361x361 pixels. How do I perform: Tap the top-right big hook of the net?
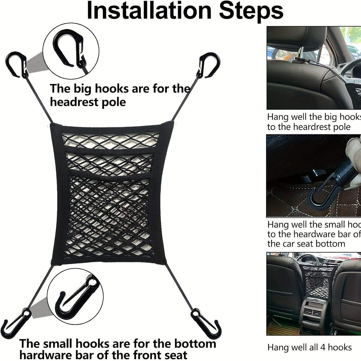click(210, 65)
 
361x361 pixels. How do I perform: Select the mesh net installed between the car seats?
click(318, 280)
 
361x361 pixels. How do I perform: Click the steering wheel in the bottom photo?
click(309, 262)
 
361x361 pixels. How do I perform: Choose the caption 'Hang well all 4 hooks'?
click(309, 347)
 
